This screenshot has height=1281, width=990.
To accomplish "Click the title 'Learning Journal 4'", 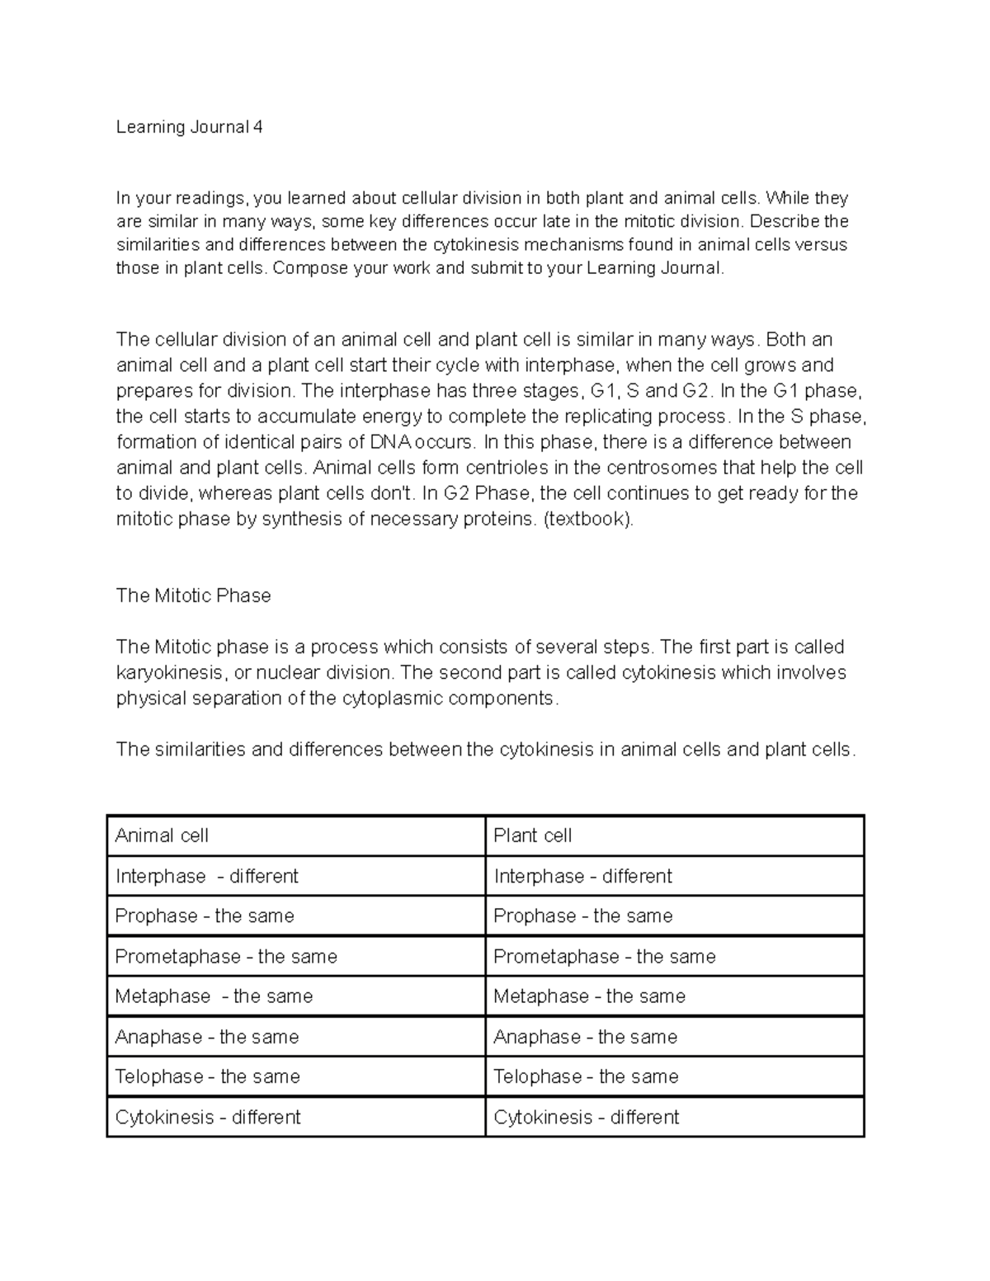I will pyautogui.click(x=189, y=127).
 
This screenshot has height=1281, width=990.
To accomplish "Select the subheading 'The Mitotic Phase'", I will pyautogui.click(x=193, y=596).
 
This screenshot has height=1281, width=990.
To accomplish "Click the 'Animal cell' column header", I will pyautogui.click(x=162, y=836).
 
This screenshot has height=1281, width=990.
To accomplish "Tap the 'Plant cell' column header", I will pyautogui.click(x=532, y=836).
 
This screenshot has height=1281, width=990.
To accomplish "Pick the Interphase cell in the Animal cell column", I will pyautogui.click(x=206, y=876).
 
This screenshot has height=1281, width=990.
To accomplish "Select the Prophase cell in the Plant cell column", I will pyautogui.click(x=582, y=916).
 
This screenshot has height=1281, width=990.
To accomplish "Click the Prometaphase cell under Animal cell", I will pyautogui.click(x=226, y=956).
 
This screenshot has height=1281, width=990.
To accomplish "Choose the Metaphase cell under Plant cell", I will pyautogui.click(x=589, y=996).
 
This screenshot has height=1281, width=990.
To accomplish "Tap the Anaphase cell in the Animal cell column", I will pyautogui.click(x=206, y=1037).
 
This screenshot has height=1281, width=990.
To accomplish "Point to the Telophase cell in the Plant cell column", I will pyautogui.click(x=586, y=1076).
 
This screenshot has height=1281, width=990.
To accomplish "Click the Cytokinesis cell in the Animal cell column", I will pyautogui.click(x=208, y=1117).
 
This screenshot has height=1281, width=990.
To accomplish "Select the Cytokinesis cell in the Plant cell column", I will pyautogui.click(x=586, y=1117).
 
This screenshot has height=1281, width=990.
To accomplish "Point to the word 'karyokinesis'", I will pyautogui.click(x=169, y=672).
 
